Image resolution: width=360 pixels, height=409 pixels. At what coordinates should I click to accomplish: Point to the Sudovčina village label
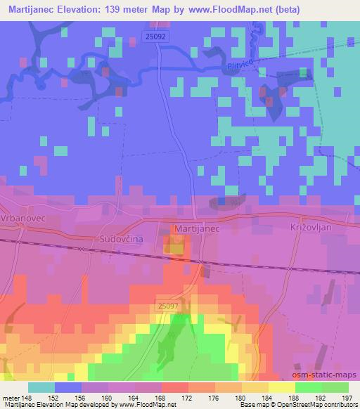coord(120,239)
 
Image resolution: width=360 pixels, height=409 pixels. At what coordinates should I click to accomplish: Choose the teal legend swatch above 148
coord(41,387)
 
